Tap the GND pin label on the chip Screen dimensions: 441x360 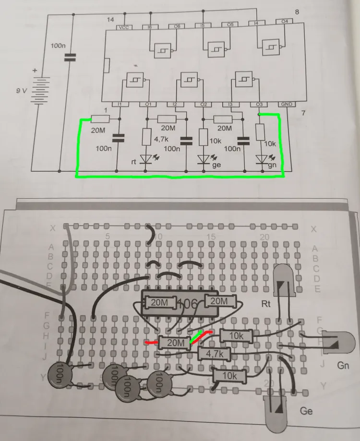287,105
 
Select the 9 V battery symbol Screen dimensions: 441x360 41,90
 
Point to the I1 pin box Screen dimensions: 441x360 120,105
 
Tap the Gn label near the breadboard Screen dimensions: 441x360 343,367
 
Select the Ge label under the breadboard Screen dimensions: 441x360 306,411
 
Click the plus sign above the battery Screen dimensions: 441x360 34,71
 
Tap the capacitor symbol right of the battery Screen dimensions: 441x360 70,58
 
